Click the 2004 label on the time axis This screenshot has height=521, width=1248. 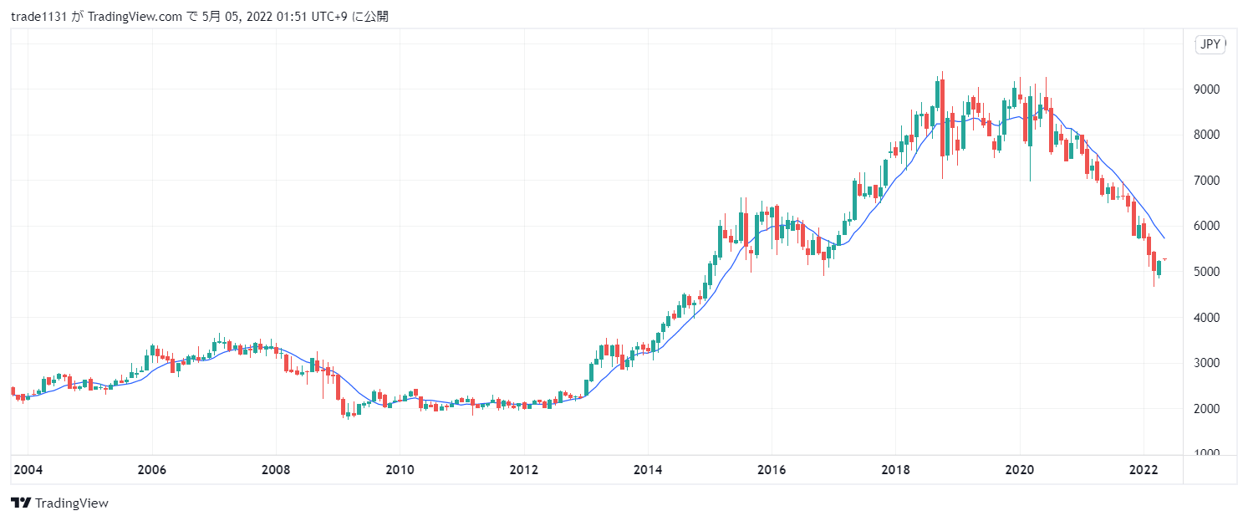[28, 471]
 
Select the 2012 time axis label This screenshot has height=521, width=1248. [523, 471]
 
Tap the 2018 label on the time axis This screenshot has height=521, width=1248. [895, 471]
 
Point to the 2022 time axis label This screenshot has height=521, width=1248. [1144, 471]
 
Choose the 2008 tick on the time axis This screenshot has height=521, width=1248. [276, 471]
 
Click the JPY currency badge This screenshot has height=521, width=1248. [1210, 45]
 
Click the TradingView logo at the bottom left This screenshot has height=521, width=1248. [59, 503]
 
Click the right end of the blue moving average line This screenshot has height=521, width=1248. [1164, 238]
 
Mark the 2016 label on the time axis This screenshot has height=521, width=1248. [772, 471]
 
